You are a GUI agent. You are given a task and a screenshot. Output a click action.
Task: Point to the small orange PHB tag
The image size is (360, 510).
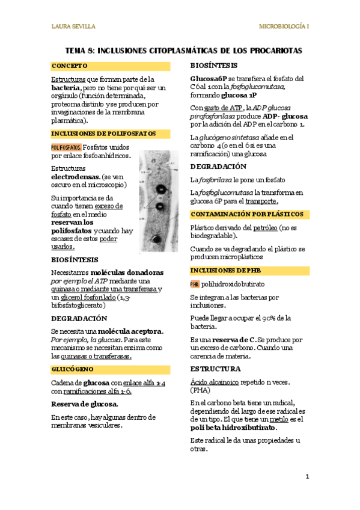pyautogui.click(x=194, y=284)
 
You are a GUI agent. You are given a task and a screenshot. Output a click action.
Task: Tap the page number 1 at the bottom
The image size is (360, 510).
pyautogui.click(x=307, y=477)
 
